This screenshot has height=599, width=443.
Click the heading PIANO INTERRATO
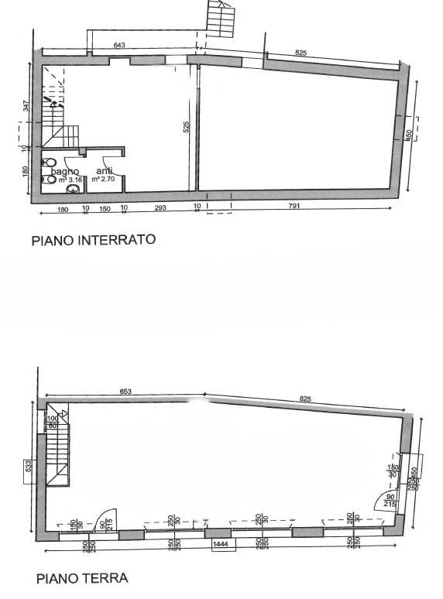coord(93,240)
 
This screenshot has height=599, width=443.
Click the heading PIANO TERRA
coord(81,578)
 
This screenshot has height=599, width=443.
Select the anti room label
coord(104,171)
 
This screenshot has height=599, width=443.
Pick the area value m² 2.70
coord(104,180)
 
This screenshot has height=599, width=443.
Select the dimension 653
coord(125,392)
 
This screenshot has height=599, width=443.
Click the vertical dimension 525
coord(186,128)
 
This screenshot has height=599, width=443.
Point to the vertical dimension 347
coord(26,106)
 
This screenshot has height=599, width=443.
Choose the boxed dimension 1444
coord(223,546)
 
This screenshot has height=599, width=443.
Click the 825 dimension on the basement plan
coord(301,53)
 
